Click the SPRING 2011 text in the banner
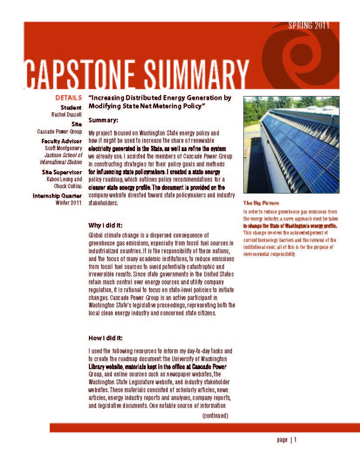pyautogui.click(x=309, y=25)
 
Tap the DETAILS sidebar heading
pyautogui.click(x=69, y=98)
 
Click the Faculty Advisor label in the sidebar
pyautogui.click(x=62, y=141)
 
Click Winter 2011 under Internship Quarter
pyautogui.click(x=69, y=203)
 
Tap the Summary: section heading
pyautogui.click(x=103, y=120)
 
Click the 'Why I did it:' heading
pyautogui.click(x=106, y=225)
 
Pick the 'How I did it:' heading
pyautogui.click(x=106, y=338)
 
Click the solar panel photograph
pyautogui.click(x=291, y=145)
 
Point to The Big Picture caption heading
pyautogui.click(x=261, y=203)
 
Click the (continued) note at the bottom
pyautogui.click(x=215, y=415)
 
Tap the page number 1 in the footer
pyautogui.click(x=295, y=440)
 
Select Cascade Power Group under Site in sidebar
pyautogui.click(x=59, y=131)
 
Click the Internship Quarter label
pyautogui.click(x=57, y=196)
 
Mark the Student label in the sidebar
pyautogui.click(x=71, y=107)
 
